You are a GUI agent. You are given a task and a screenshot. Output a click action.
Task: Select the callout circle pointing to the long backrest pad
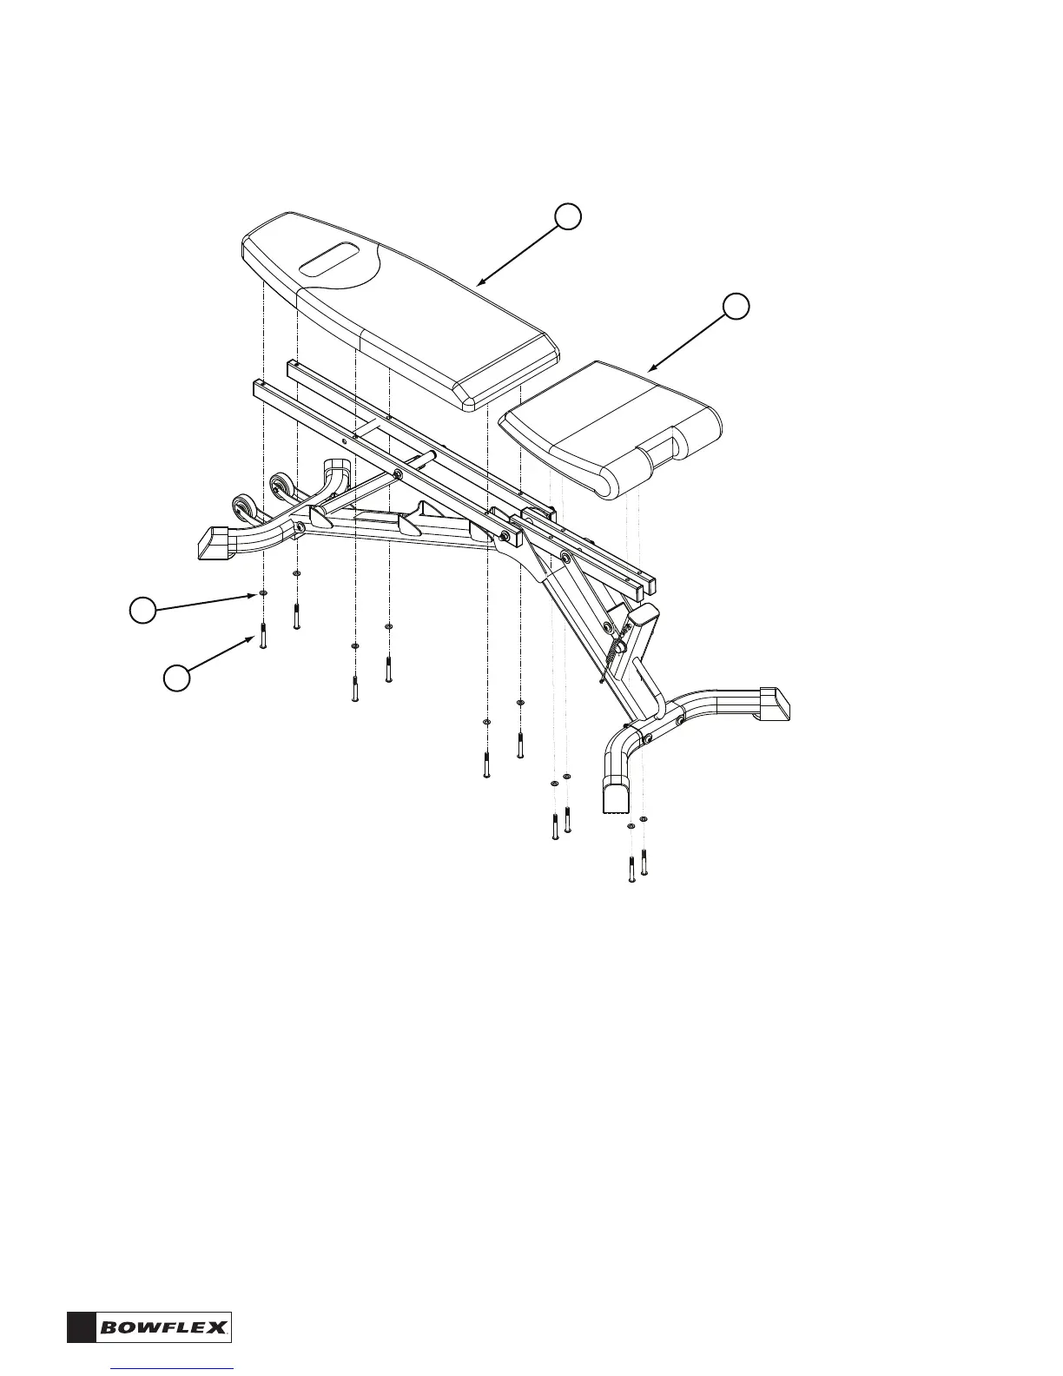click(568, 217)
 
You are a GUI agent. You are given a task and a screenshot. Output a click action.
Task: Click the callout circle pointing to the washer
click(142, 612)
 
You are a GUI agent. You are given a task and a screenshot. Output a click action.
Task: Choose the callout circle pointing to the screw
click(177, 678)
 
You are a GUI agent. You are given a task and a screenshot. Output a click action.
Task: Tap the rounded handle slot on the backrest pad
click(328, 259)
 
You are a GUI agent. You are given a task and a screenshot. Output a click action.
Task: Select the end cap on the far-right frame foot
click(776, 703)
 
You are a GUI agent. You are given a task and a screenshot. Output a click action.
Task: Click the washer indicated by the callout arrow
click(261, 595)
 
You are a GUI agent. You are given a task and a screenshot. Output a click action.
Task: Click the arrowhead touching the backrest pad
click(480, 283)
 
